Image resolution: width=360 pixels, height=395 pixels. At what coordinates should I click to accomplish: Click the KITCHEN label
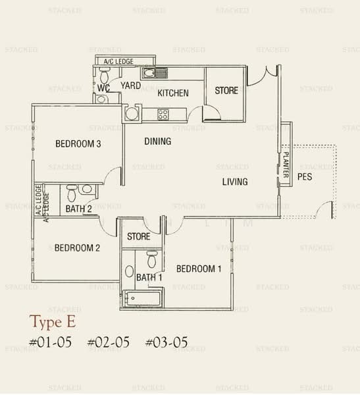coord(173,93)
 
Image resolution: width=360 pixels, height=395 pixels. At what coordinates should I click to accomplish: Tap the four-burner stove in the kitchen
coord(162,115)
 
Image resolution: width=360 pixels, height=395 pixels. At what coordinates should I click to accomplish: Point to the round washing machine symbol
coord(132,114)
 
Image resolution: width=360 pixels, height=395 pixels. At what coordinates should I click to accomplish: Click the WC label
coord(103,88)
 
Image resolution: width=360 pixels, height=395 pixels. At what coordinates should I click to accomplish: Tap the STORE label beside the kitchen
coord(226,90)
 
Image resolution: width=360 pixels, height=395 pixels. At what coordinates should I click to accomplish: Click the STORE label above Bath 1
coord(139,236)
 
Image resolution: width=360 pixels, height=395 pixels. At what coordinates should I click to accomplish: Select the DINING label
coord(157,142)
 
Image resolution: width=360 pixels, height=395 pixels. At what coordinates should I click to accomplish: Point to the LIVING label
coord(234,182)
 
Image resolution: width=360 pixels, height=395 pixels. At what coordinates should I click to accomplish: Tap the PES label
coord(304,177)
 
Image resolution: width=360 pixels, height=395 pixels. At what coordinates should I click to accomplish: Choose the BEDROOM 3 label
coord(78,144)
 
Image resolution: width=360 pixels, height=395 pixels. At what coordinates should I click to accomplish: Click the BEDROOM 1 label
coord(199,269)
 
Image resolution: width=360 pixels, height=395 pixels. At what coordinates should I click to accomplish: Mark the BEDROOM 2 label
coord(77,248)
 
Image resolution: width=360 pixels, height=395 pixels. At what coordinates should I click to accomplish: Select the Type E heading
coord(53,322)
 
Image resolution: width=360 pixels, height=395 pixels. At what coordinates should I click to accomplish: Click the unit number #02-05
coord(109,342)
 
